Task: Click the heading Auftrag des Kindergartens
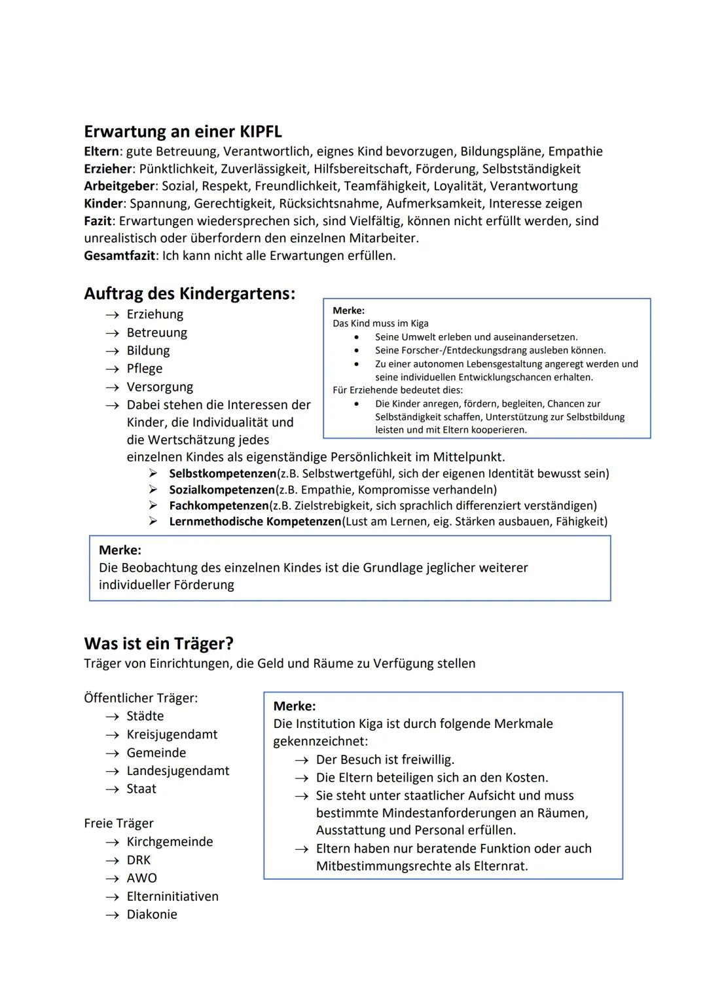(x=189, y=293)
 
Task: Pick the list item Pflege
(x=145, y=369)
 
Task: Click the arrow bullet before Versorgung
(x=112, y=387)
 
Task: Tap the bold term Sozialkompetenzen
(x=222, y=490)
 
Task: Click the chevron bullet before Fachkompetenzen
(x=153, y=505)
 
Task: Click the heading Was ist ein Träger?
(x=158, y=644)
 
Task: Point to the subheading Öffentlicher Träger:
(x=141, y=698)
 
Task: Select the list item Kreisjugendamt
(x=172, y=735)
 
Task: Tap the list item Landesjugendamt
(x=178, y=771)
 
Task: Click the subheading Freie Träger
(x=118, y=824)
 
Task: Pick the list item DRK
(x=139, y=860)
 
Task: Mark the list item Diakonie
(x=152, y=915)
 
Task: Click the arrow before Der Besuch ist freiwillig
(x=301, y=760)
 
